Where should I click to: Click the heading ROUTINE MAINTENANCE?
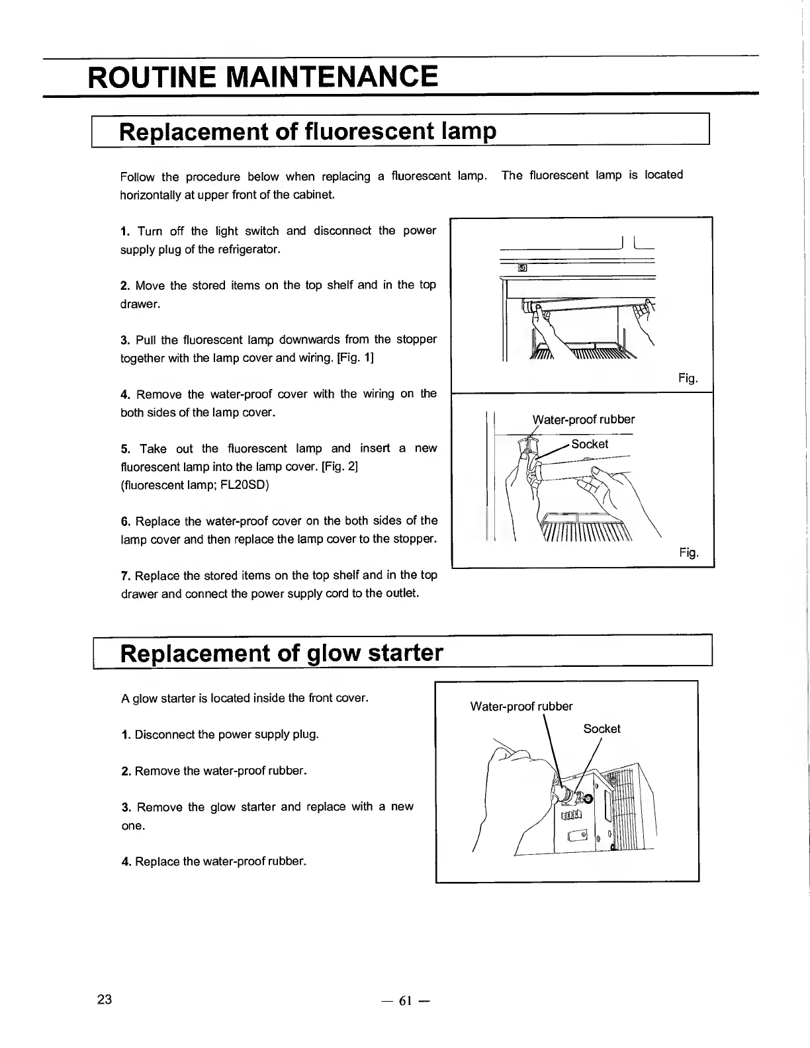tap(263, 77)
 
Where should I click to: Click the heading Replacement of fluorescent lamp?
tap(307, 131)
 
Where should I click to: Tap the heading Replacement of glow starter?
tap(281, 653)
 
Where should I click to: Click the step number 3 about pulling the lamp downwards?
tap(125, 340)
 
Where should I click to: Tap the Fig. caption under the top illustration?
tap(688, 378)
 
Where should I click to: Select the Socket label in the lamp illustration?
tap(590, 444)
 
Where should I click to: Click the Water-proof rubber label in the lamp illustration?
tap(583, 419)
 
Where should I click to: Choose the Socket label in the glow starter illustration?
tap(602, 728)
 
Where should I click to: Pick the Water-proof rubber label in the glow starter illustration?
tap(521, 707)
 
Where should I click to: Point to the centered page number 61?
tap(405, 1001)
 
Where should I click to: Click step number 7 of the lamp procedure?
tap(125, 575)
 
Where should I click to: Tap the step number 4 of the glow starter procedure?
tap(125, 861)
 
